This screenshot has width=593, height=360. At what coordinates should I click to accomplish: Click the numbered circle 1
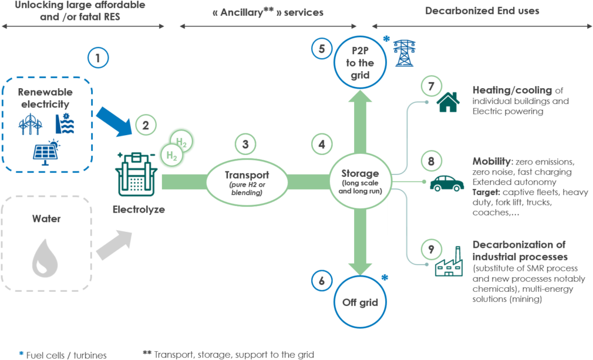(x=98, y=58)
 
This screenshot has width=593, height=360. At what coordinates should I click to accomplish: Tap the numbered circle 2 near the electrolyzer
(x=145, y=125)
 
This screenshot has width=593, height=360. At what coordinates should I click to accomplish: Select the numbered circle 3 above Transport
(x=245, y=144)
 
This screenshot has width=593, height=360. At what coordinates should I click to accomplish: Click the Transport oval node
(x=247, y=180)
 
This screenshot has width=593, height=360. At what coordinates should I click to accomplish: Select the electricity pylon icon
(x=403, y=53)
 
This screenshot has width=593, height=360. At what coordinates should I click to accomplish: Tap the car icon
(x=447, y=183)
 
